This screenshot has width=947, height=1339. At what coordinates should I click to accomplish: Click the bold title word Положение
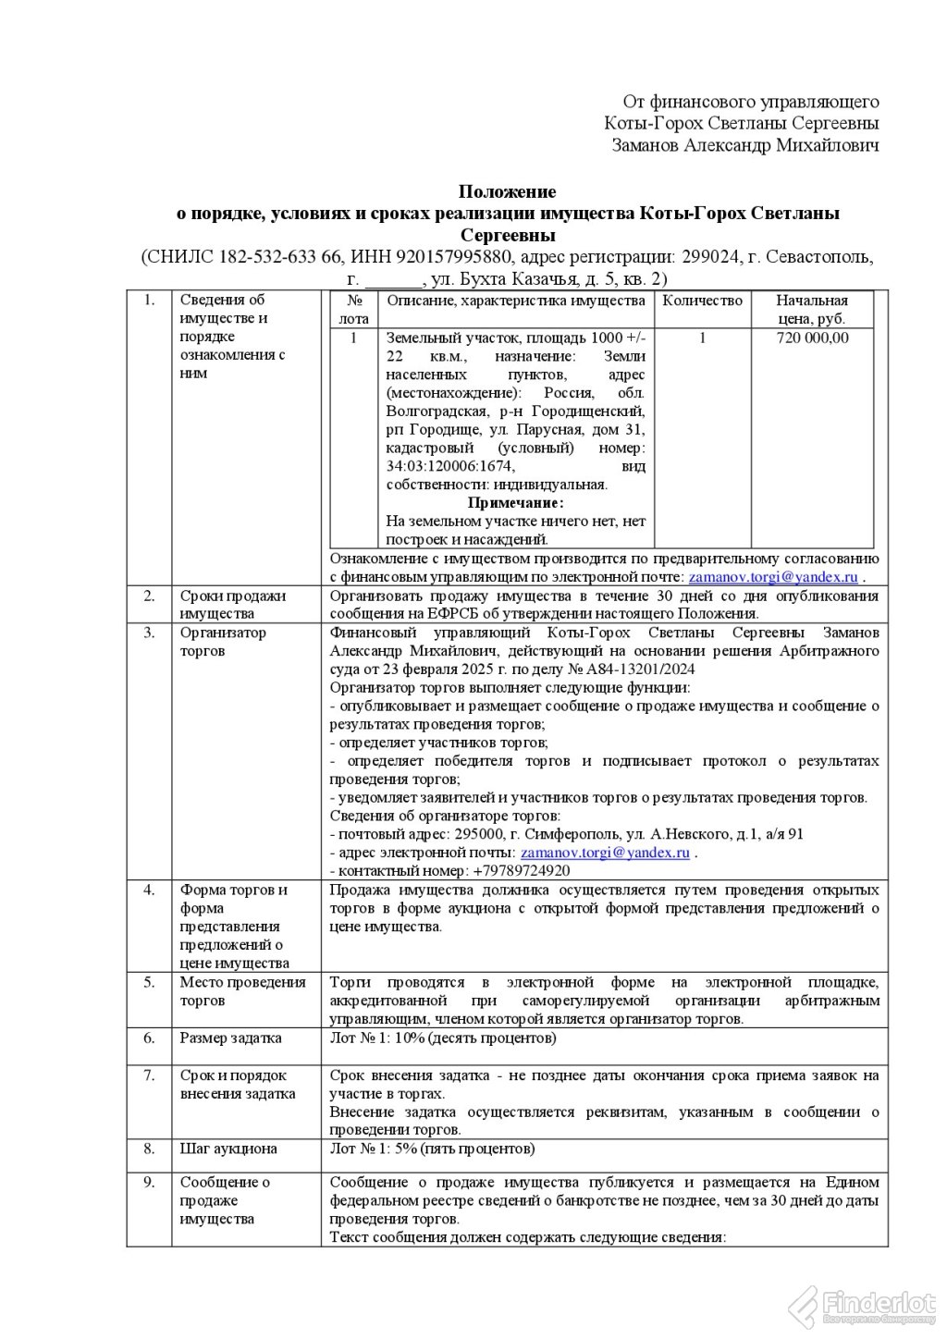click(508, 192)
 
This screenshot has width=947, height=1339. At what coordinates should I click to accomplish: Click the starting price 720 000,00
click(812, 338)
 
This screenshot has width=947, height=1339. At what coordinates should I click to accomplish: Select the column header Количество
click(702, 301)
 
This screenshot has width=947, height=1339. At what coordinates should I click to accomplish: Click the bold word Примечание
click(515, 503)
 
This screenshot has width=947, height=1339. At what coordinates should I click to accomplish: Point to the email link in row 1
click(774, 577)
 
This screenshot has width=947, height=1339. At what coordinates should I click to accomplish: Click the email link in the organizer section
click(605, 853)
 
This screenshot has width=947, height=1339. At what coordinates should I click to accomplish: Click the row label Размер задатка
click(230, 1038)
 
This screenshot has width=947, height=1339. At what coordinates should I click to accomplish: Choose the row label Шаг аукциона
click(228, 1149)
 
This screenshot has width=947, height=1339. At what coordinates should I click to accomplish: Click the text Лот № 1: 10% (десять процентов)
click(443, 1038)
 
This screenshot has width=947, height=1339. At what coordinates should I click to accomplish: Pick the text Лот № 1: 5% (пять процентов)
click(432, 1149)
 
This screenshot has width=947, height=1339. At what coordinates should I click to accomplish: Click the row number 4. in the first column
click(149, 891)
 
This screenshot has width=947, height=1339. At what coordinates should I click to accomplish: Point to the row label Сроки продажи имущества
click(232, 605)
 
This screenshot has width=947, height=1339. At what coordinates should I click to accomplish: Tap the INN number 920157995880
click(458, 257)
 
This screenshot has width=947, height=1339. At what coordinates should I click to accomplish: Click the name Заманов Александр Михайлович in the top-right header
click(745, 145)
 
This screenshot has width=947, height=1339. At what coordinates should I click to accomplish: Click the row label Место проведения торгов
click(242, 991)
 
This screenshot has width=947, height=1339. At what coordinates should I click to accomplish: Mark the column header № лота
click(353, 310)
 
